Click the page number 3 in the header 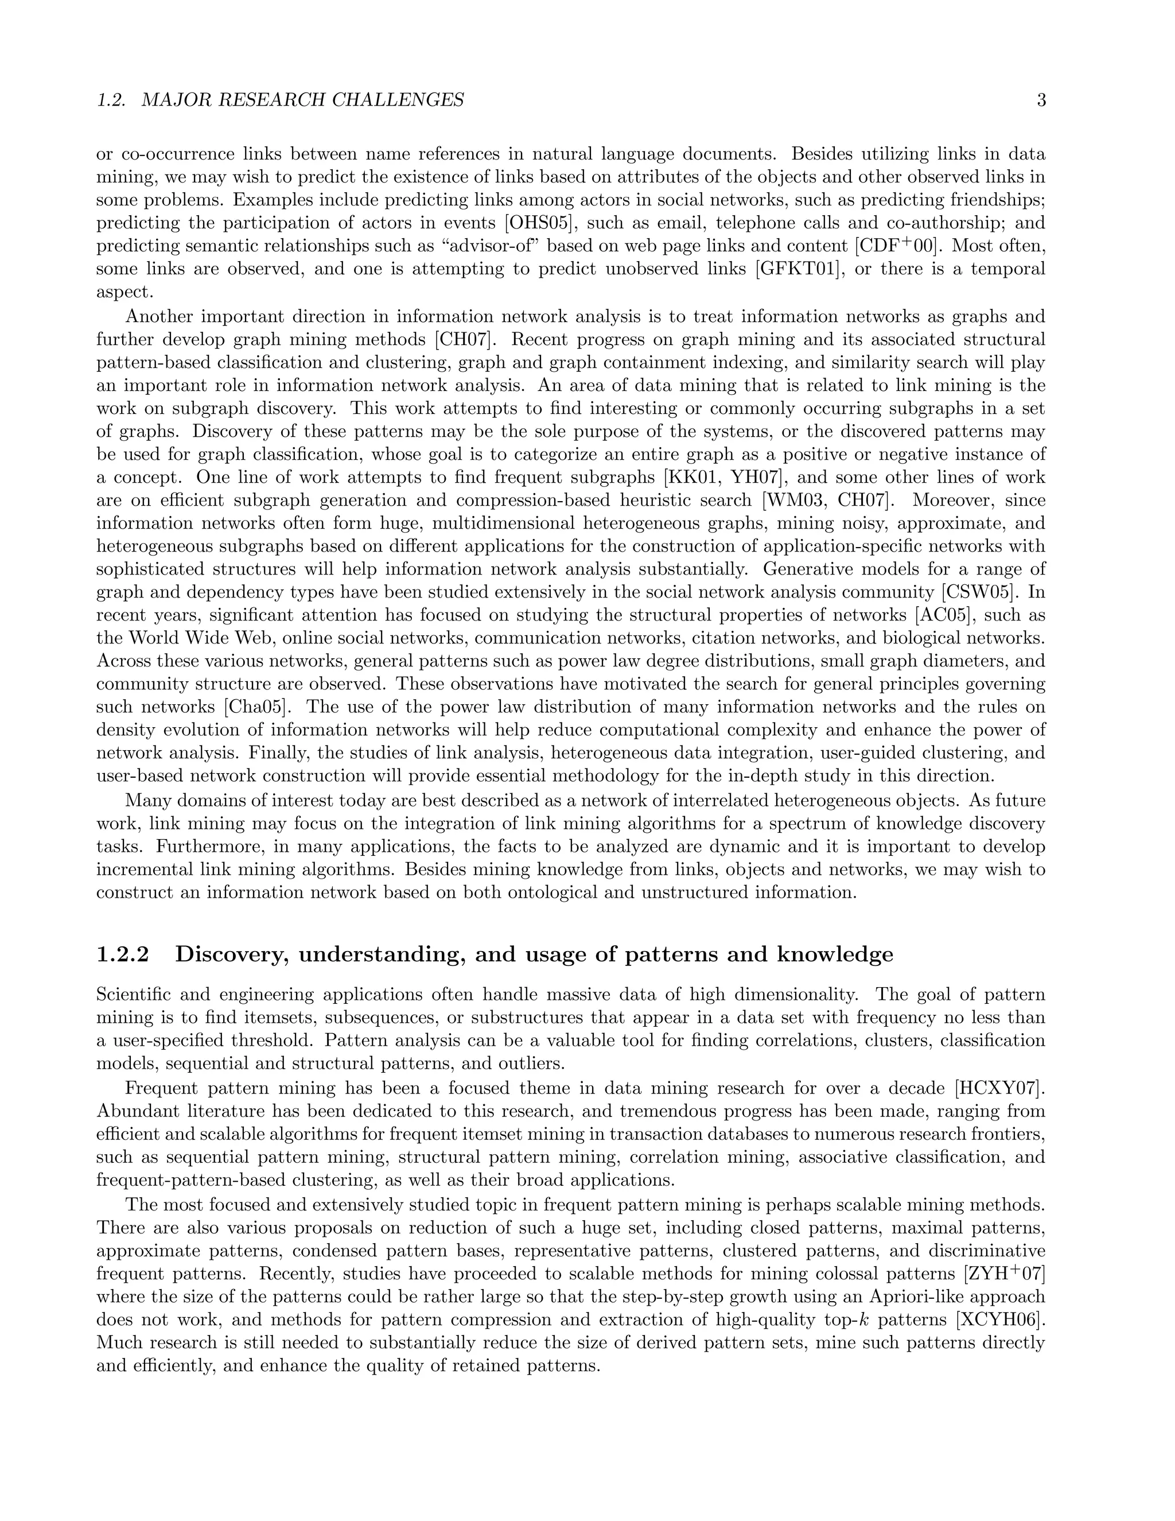point(1041,100)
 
